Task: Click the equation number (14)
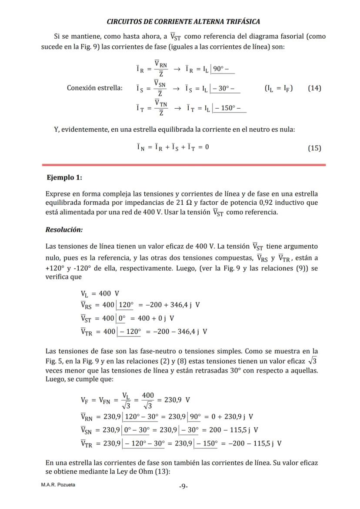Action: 314,88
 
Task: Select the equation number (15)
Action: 314,148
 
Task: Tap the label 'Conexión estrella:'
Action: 94,88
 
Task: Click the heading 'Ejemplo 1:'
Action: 64,177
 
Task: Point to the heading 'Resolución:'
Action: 64,230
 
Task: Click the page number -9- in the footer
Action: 183,486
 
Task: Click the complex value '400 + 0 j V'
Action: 154,318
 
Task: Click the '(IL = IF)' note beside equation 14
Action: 278,88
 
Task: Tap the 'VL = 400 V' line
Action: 100,293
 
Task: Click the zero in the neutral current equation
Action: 207,147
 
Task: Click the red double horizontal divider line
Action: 183,165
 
